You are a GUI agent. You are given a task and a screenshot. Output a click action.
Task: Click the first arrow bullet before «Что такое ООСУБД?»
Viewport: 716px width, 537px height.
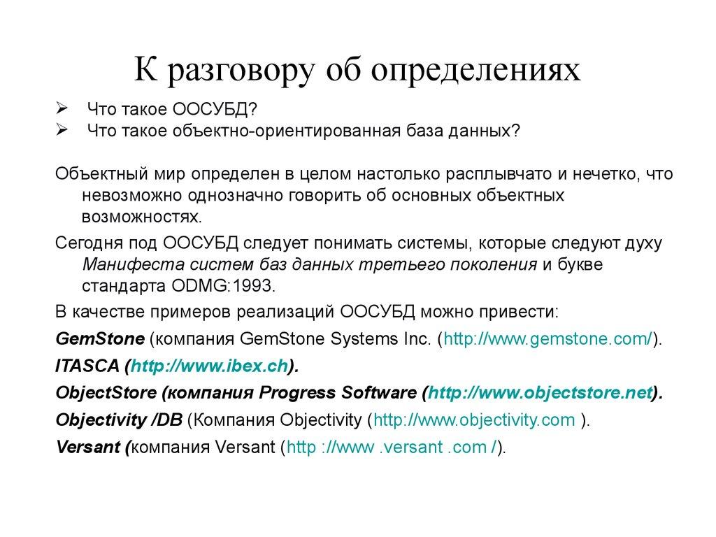61,110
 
